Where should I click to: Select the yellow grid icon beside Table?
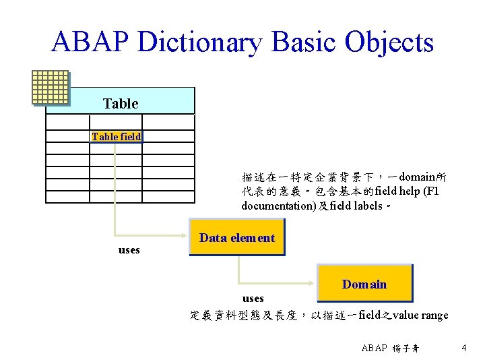[x=51, y=88]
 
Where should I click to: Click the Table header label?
[x=121, y=104]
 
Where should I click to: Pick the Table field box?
[x=117, y=136]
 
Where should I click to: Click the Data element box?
[x=237, y=238]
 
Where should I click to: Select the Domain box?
[x=364, y=284]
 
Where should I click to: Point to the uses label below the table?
[x=129, y=250]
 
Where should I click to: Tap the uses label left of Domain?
[x=253, y=298]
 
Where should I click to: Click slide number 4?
[x=464, y=348]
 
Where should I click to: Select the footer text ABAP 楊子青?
[x=390, y=348]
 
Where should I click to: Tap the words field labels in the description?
[x=352, y=205]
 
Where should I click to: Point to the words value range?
[x=421, y=315]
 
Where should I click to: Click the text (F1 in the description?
[x=437, y=191]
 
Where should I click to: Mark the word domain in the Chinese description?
[x=417, y=177]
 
